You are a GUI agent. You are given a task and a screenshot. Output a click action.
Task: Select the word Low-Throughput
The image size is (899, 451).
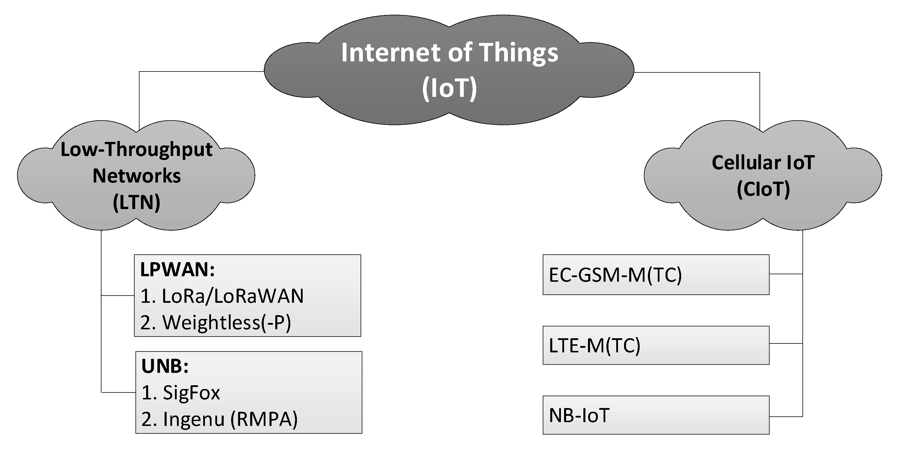tap(136, 150)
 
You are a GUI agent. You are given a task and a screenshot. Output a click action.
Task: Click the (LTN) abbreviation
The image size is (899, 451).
tap(136, 202)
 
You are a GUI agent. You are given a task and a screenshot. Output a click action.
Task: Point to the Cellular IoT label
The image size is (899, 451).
tap(763, 163)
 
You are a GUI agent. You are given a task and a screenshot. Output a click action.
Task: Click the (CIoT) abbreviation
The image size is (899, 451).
tap(763, 189)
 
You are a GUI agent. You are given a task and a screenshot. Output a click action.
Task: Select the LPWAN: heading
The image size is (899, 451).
tap(177, 270)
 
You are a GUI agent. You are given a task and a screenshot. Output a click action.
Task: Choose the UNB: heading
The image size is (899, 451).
tap(165, 367)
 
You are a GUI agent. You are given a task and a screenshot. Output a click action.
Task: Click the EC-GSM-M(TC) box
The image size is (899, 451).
tap(656, 275)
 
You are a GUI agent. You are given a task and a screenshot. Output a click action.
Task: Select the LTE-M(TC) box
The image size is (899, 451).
tap(656, 345)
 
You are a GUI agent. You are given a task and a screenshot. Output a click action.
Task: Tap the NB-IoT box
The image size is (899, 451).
tap(656, 415)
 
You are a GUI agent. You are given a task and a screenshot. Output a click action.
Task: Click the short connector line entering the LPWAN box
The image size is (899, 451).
tap(118, 296)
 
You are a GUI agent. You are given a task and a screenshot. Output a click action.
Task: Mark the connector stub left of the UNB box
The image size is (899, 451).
tap(118, 392)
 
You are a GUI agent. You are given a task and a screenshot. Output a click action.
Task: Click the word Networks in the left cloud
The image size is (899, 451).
tap(136, 176)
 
